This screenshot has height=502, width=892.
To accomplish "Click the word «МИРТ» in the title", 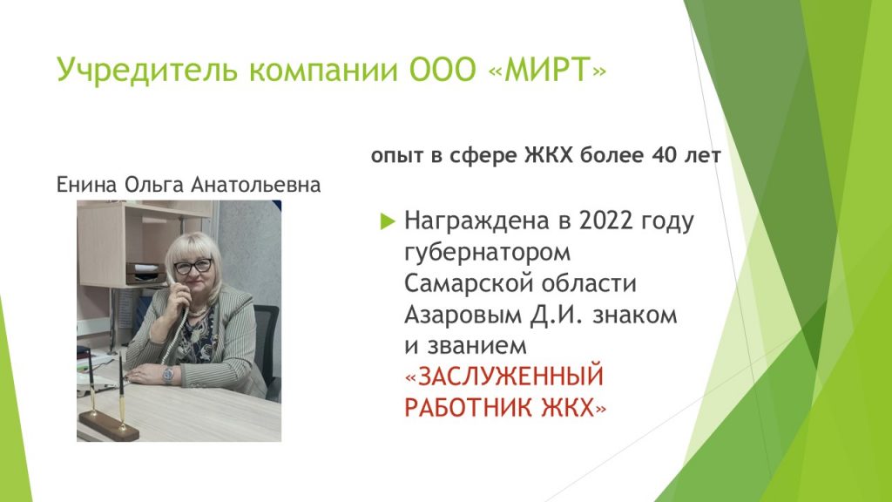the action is [x=547, y=70].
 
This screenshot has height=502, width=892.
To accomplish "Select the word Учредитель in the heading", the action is [x=146, y=71].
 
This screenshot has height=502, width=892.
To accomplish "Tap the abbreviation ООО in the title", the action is [x=443, y=70].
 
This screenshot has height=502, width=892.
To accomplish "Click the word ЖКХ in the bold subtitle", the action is [x=549, y=155].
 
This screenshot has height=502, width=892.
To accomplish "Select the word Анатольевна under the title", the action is [x=256, y=185].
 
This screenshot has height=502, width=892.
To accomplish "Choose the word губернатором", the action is [x=488, y=252].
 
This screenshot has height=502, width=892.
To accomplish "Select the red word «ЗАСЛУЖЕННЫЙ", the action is [x=504, y=376].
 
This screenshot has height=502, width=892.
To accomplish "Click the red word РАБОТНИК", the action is [x=470, y=408].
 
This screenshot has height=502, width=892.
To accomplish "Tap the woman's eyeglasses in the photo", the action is [x=193, y=266].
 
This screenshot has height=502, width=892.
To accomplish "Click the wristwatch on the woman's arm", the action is [x=168, y=375].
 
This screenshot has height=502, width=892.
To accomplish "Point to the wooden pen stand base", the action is [x=109, y=425].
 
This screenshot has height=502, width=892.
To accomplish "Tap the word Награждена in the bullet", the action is [x=477, y=220].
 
